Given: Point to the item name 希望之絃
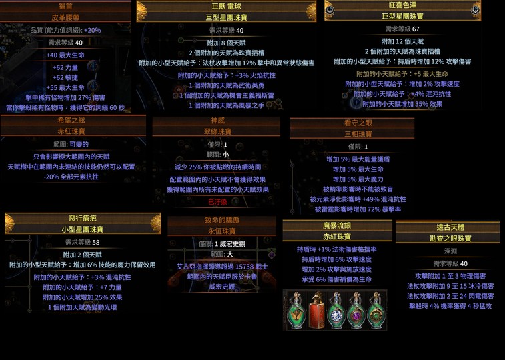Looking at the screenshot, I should (x=72, y=121).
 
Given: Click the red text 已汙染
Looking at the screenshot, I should (x=217, y=201).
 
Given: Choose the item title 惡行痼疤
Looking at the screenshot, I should (x=83, y=218).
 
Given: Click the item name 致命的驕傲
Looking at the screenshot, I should (x=221, y=221).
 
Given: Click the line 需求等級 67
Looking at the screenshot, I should (x=402, y=29).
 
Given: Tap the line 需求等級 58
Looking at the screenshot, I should (x=83, y=243).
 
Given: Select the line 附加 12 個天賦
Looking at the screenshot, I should (x=402, y=41).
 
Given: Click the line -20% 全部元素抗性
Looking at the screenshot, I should (x=71, y=177).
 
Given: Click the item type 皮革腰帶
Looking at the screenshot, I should (x=65, y=18).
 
